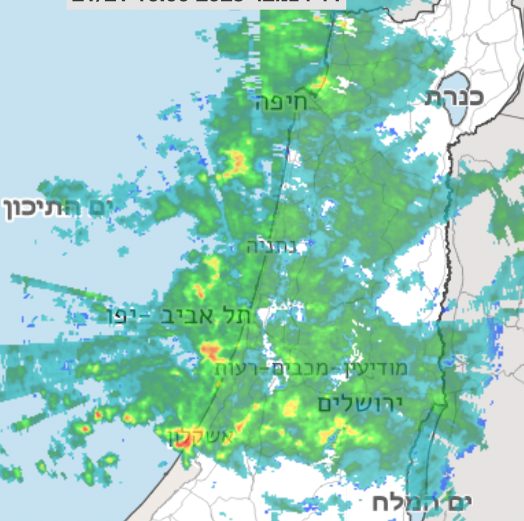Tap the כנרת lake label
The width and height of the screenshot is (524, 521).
tap(455, 97)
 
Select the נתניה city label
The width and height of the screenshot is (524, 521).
tap(272, 246)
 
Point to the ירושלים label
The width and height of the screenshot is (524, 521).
tap(359, 404)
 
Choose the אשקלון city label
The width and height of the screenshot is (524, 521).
tap(202, 437)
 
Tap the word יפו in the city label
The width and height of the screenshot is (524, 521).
tap(126, 317)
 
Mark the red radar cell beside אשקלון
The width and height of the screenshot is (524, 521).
tap(182, 442)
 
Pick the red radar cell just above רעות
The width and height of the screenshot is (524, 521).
tap(210, 352)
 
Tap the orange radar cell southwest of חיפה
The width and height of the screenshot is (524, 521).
tap(237, 162)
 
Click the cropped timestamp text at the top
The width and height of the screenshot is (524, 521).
tap(206, 3)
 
